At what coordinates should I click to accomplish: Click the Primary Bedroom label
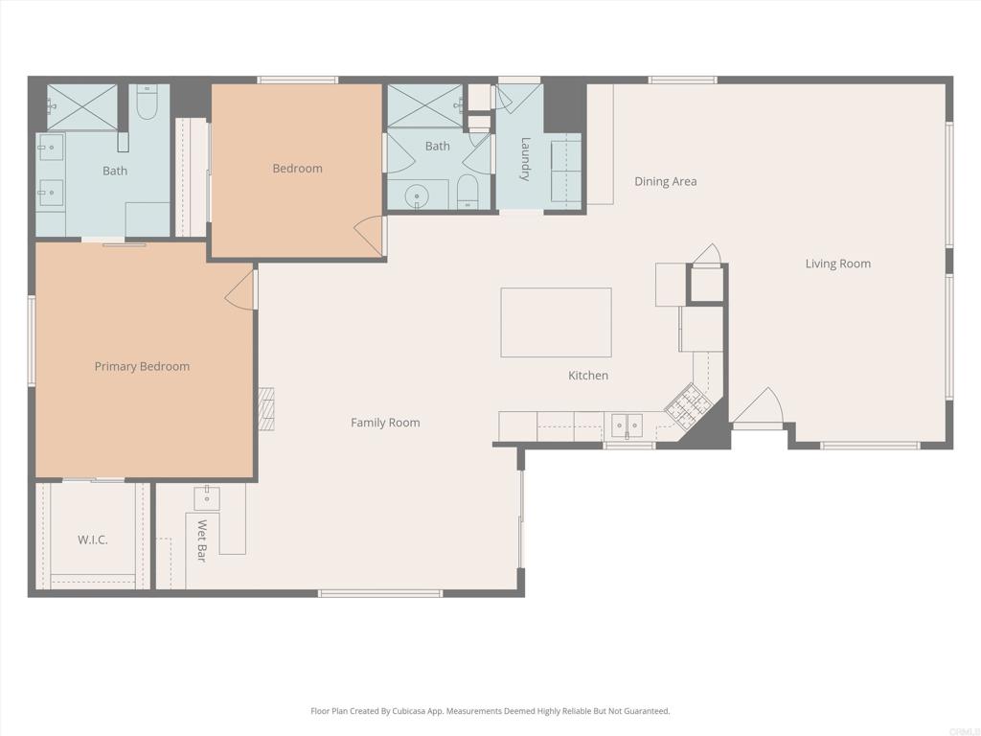pos(142,366)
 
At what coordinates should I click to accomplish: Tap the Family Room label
pos(385,423)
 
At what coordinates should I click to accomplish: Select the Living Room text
pos(837,264)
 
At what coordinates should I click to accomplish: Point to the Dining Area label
pos(665,181)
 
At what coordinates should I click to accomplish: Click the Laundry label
pos(525,159)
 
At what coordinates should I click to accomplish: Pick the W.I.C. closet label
pos(93,540)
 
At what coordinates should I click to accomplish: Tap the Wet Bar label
pos(202,540)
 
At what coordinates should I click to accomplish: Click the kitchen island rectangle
pos(556,322)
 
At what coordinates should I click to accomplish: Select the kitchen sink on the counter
pos(627,425)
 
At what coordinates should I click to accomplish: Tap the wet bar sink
pos(207,497)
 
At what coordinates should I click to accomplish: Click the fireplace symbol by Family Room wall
pos(265,409)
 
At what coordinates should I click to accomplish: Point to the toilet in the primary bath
pos(147,103)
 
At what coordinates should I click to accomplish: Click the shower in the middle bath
pos(424,105)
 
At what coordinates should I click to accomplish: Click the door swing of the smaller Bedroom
pos(371,236)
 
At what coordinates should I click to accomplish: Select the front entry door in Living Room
pos(759,410)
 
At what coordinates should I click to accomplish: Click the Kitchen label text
pos(588,376)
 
